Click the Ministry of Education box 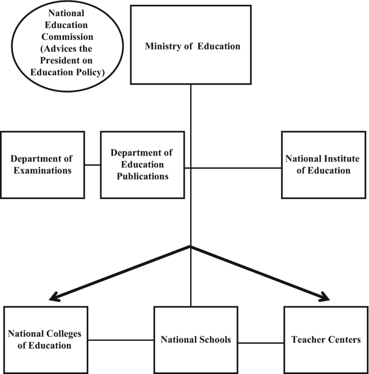tap(192, 45)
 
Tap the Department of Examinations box tap(42, 164)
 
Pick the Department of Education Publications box tap(143, 164)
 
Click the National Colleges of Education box tap(45, 339)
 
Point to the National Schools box tap(196, 340)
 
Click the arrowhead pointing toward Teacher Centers tap(324, 297)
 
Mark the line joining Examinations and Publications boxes tap(93, 165)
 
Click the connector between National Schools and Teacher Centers tap(260, 343)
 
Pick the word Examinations tap(41, 171)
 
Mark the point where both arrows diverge tap(191, 248)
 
